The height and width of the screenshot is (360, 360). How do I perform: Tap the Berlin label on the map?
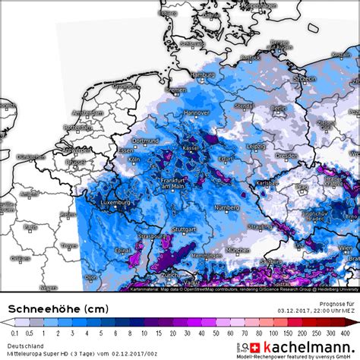pyautogui.click(x=277, y=108)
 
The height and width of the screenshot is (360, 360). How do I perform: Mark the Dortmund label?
pyautogui.click(x=144, y=141)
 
